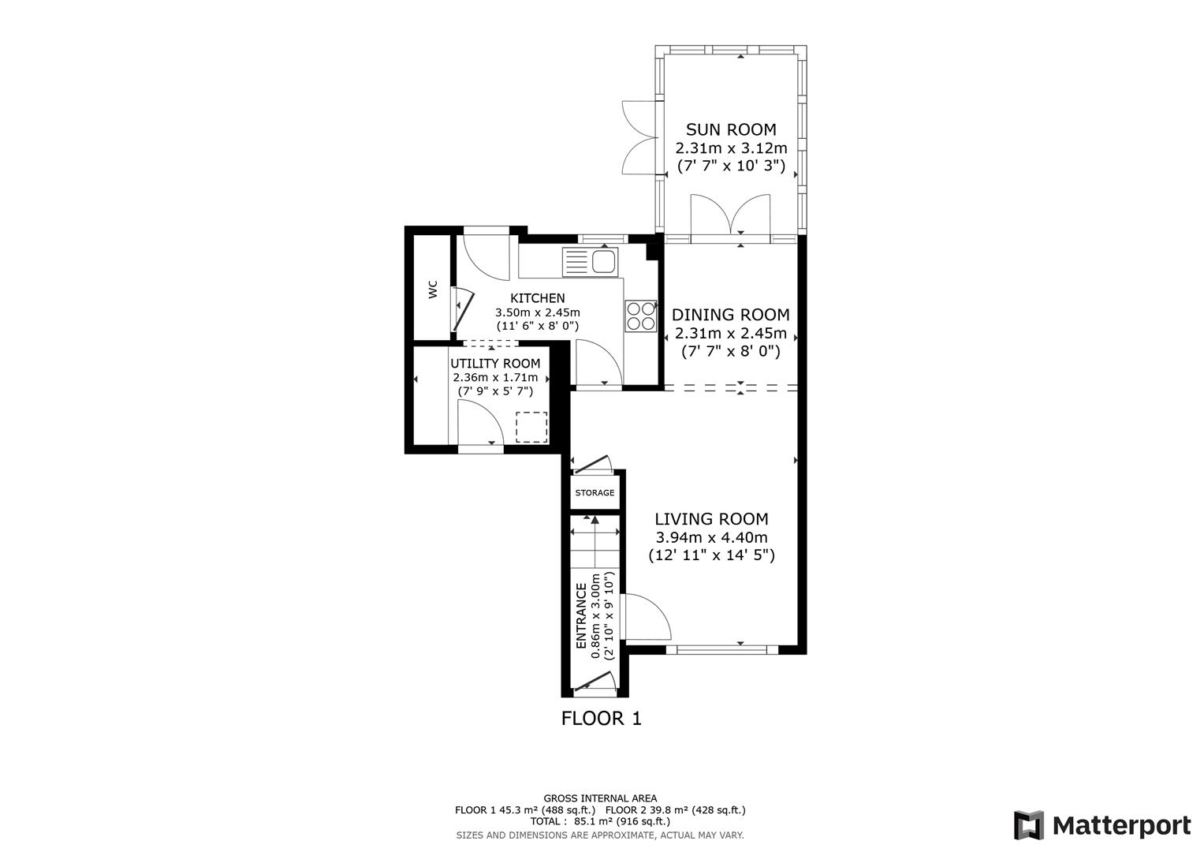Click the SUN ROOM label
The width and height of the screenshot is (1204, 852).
[730, 129]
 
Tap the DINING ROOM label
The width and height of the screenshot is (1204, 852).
[730, 315]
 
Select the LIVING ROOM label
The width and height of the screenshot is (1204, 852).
[711, 519]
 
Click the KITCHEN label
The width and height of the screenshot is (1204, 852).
[538, 298]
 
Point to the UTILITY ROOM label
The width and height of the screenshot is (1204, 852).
[495, 364]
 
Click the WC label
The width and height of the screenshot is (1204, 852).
[432, 290]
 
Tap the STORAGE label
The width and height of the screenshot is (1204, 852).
[595, 493]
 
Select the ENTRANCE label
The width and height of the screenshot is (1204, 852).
[582, 616]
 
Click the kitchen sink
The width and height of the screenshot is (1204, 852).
[591, 261]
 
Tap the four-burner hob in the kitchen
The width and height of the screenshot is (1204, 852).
[640, 316]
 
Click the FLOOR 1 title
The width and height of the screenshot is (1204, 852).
[601, 719]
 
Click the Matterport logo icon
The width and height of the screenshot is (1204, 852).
[1028, 825]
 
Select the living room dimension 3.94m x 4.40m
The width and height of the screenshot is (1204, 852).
[711, 538]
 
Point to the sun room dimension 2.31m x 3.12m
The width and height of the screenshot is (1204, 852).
[730, 148]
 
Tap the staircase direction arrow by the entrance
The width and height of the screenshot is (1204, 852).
[594, 519]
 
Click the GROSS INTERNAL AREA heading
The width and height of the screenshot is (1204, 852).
[600, 798]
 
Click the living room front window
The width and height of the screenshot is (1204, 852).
[722, 650]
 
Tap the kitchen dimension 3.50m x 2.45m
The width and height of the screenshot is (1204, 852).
[537, 312]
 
